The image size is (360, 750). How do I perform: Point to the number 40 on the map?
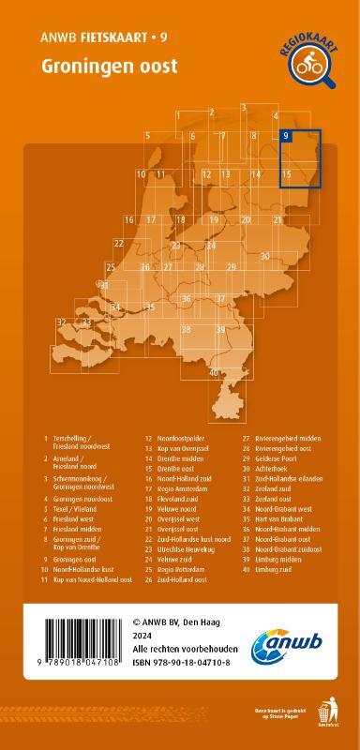(x=214, y=373)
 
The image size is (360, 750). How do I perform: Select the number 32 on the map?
(x=61, y=322)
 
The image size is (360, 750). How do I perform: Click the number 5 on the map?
(x=148, y=137)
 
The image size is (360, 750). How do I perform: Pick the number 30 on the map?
(x=265, y=255)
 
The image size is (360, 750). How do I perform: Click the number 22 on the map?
(x=119, y=244)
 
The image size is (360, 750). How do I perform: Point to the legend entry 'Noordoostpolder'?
(x=184, y=438)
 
